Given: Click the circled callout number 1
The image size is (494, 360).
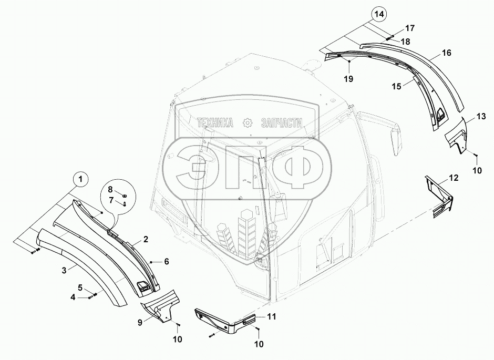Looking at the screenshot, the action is pos(80,180).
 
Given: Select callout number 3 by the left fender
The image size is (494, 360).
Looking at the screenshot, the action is pos(64,270).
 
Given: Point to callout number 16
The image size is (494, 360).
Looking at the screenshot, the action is pos(447,53).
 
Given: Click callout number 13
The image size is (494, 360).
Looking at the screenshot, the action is pos(481,116).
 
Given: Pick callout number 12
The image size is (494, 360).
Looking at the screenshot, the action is pos(453,178).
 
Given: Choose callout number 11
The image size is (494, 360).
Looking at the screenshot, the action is pos(271,316).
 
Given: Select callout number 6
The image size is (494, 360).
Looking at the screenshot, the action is pos(166,261).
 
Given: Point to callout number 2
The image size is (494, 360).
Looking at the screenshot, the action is pos(146,239).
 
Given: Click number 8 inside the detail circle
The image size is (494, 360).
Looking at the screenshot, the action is pos(111,189).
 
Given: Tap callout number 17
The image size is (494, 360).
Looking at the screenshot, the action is pos(409,28).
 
